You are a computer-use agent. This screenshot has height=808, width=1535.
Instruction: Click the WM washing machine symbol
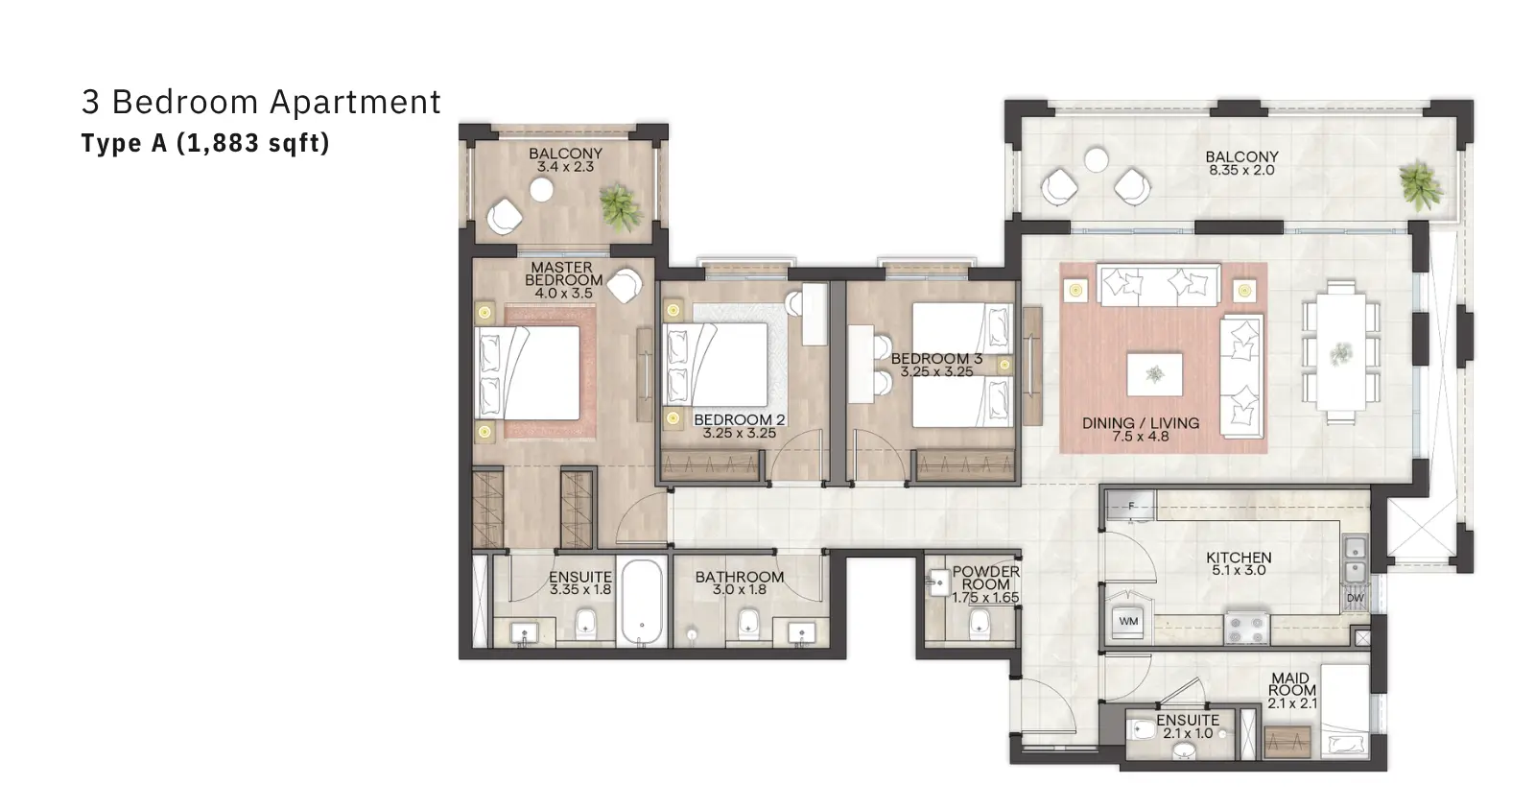tap(1128, 622)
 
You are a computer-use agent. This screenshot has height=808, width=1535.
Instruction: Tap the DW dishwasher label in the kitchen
tap(1355, 598)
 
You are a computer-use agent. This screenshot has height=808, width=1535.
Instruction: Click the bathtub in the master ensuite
tap(642, 602)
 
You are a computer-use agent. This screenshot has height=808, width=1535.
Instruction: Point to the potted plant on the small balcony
tap(622, 206)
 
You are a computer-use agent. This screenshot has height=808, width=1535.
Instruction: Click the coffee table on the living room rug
tap(1155, 374)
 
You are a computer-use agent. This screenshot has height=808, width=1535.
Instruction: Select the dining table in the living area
tap(1341, 352)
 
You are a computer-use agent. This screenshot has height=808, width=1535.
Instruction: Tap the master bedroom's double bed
tap(528, 372)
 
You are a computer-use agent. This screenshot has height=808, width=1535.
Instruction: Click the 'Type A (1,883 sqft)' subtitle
tap(205, 143)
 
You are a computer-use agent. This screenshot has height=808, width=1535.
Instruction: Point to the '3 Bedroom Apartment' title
tap(261, 102)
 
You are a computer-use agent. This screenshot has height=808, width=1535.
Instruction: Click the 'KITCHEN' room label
tap(1239, 558)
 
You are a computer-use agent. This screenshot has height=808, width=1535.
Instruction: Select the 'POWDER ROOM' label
tap(986, 578)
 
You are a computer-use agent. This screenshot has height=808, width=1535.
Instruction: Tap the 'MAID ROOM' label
tap(1291, 684)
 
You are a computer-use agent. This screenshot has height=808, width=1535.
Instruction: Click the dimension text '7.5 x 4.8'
tap(1141, 437)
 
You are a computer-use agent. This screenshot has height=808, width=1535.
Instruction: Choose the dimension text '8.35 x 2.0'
tap(1241, 170)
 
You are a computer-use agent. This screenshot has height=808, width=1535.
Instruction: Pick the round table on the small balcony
tap(541, 190)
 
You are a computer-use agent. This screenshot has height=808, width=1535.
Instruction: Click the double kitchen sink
tap(1354, 559)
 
